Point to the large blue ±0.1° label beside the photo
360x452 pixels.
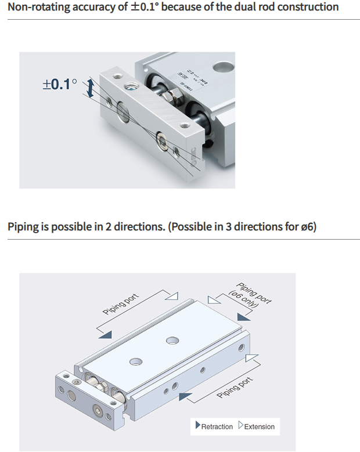click(59, 84)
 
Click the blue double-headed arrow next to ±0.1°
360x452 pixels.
click(89, 89)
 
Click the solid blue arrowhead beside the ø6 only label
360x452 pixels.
click(244, 317)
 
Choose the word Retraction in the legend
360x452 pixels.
click(217, 426)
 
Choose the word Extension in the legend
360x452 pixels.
click(259, 426)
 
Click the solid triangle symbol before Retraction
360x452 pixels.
click(197, 426)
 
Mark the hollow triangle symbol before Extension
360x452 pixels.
click(240, 426)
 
